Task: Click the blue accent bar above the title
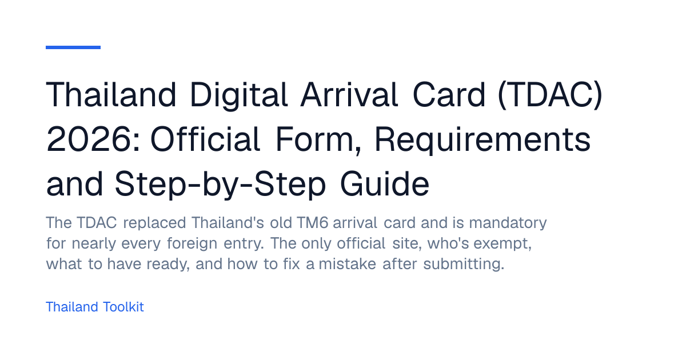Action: pyautogui.click(x=73, y=47)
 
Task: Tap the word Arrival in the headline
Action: pyautogui.click(x=349, y=94)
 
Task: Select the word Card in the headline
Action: pyautogui.click(x=449, y=94)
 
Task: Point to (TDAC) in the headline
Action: pyautogui.click(x=551, y=95)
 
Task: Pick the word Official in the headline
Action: pyautogui.click(x=205, y=139)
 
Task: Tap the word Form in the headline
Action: pyautogui.click(x=318, y=140)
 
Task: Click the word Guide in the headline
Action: pyautogui.click(x=385, y=183)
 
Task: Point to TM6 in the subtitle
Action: pyautogui.click(x=312, y=222)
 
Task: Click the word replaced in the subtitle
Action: pyautogui.click(x=155, y=223)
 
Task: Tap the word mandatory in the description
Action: pyautogui.click(x=508, y=223)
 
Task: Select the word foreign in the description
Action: pyautogui.click(x=192, y=244)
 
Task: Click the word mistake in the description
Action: pyautogui.click(x=348, y=264)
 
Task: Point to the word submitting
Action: pyautogui.click(x=464, y=265)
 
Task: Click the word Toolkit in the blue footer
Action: pyautogui.click(x=123, y=307)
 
